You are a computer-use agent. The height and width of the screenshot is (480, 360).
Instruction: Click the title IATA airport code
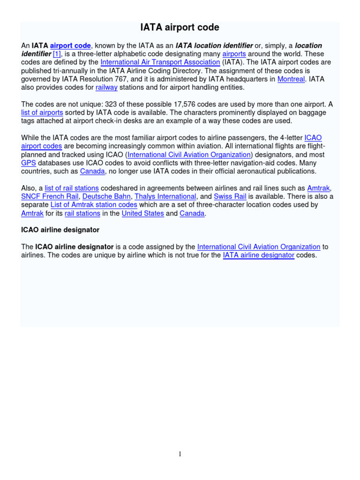180,28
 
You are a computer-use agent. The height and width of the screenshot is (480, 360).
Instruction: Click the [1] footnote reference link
57,54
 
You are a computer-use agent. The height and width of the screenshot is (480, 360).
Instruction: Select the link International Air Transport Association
160,62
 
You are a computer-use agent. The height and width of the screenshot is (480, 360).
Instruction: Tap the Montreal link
291,79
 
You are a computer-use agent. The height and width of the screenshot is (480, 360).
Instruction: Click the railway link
106,88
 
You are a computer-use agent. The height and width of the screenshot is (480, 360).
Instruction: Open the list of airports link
41,112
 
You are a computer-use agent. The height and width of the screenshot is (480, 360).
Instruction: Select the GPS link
28,163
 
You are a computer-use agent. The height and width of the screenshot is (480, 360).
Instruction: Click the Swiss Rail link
230,196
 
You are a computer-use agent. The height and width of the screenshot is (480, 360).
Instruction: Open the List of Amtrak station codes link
94,205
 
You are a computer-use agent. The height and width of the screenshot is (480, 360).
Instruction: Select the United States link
143,213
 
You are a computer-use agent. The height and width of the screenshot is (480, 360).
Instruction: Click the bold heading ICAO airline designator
60,230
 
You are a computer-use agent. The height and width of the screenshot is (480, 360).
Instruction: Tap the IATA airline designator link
259,255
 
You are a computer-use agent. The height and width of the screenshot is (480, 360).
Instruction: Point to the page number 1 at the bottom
180,454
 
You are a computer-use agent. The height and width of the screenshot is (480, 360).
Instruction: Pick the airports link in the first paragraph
234,54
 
